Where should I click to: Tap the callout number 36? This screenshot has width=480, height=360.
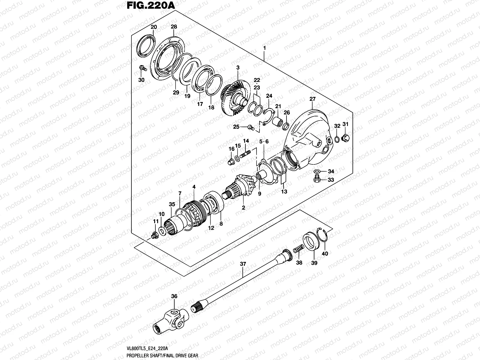pyautogui.click(x=174, y=296)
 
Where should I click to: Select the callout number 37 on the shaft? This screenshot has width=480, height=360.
pyautogui.click(x=243, y=264)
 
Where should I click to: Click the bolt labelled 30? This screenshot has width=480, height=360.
pyautogui.click(x=142, y=69)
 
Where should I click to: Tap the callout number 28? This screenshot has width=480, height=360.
pyautogui.click(x=174, y=27)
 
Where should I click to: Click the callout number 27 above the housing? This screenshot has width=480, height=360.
pyautogui.click(x=313, y=99)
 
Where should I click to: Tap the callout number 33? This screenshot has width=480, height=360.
pyautogui.click(x=331, y=180)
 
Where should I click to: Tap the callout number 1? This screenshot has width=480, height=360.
pyautogui.click(x=264, y=48)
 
